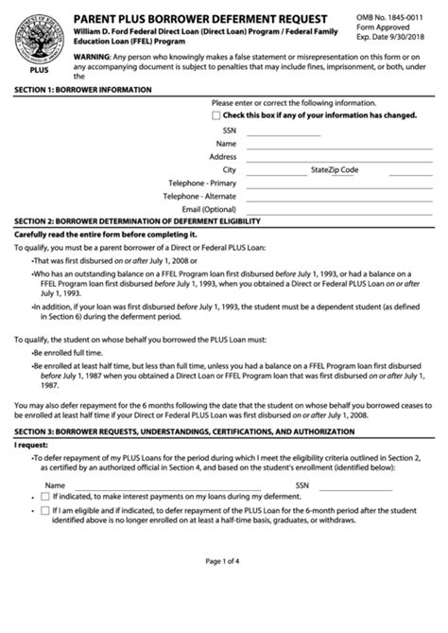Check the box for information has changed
(x=216, y=114)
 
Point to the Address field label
(x=222, y=156)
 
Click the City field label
(x=229, y=169)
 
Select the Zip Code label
(x=344, y=169)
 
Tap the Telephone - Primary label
(x=201, y=183)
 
